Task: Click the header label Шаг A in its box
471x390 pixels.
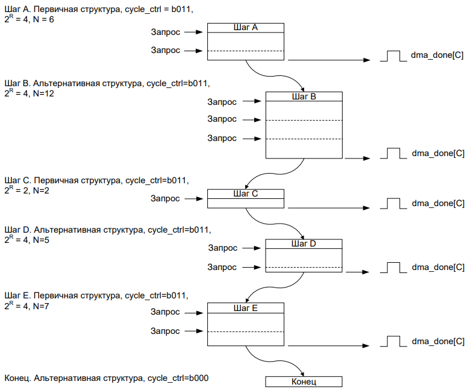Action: (x=245, y=27)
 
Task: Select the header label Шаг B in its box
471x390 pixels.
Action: (x=304, y=96)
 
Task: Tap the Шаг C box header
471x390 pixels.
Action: (x=245, y=193)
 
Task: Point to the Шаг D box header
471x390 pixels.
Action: (x=304, y=244)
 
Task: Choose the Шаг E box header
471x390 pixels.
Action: (x=245, y=307)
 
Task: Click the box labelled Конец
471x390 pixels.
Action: (x=304, y=382)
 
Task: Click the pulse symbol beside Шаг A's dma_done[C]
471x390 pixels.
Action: (x=393, y=56)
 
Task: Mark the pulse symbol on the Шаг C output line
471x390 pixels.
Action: (x=393, y=203)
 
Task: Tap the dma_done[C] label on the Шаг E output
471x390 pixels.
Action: (x=438, y=342)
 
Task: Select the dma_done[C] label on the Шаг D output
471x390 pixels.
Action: (x=438, y=267)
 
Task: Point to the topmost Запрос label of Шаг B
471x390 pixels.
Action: (x=222, y=102)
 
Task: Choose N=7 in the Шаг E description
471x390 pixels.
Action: (x=40, y=307)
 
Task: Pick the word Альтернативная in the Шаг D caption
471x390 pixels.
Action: (x=63, y=230)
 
